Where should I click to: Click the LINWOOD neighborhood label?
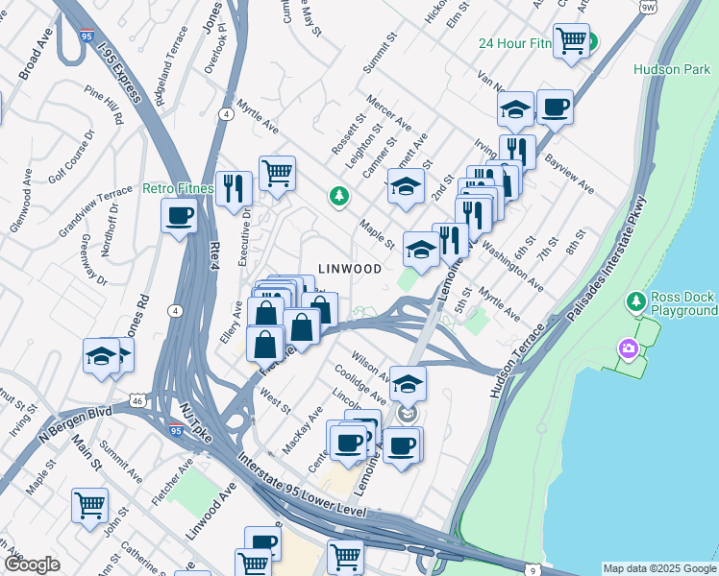pyautogui.click(x=350, y=269)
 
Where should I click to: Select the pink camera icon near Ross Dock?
pyautogui.click(x=630, y=348)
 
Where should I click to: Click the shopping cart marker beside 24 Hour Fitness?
pyautogui.click(x=571, y=40)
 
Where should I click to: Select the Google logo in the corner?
pyautogui.click(x=32, y=564)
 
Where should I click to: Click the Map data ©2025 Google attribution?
pyautogui.click(x=658, y=568)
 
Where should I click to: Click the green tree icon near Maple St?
pyautogui.click(x=338, y=196)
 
